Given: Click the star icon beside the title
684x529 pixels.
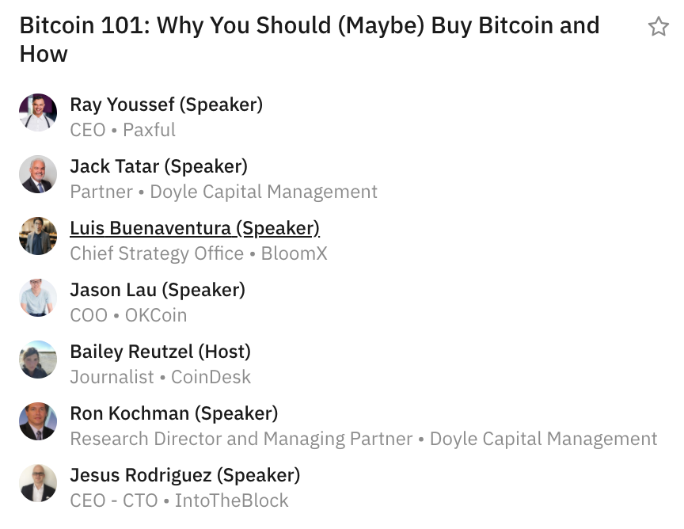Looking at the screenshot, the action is [x=658, y=26].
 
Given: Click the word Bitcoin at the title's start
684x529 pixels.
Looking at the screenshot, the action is [x=57, y=25].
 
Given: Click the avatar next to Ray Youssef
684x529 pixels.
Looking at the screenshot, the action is [x=38, y=112].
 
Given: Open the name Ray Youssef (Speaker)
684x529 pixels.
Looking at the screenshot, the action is [x=166, y=105].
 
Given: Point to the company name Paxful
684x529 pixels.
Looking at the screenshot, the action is [x=149, y=130].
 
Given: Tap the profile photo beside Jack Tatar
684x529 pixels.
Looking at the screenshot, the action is [x=38, y=174].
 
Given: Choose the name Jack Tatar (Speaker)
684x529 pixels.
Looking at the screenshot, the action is [x=159, y=166].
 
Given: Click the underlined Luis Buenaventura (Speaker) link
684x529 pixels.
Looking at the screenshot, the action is [x=195, y=228].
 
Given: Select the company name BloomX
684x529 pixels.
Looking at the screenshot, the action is [x=294, y=253].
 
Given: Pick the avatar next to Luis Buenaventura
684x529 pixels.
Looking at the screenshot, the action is [x=38, y=236].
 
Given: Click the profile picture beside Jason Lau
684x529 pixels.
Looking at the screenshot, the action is [x=38, y=298].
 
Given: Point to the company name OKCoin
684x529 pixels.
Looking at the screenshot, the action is [x=156, y=315].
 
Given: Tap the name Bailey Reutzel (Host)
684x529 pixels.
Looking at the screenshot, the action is [x=161, y=352].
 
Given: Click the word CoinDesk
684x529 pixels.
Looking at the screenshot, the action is [x=211, y=377].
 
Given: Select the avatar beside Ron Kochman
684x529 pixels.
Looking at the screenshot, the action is [x=38, y=421].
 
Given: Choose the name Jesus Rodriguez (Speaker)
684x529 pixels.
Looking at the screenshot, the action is [x=185, y=475].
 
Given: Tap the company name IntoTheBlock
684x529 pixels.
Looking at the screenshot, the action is [x=232, y=500].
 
